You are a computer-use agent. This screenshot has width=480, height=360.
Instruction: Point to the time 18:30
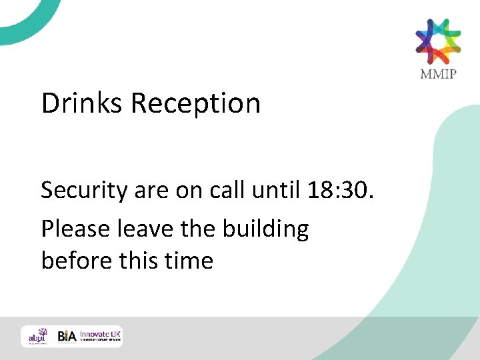click(x=342, y=191)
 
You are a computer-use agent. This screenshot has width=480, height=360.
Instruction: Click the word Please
click(x=77, y=229)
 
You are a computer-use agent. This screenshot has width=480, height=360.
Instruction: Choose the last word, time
click(x=189, y=260)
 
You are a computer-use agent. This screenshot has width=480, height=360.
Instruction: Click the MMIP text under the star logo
click(x=438, y=73)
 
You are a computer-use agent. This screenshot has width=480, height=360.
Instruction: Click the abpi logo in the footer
click(x=37, y=336)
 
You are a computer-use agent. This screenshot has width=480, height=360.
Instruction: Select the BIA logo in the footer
click(x=66, y=337)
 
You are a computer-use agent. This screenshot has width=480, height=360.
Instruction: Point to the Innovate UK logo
click(x=100, y=336)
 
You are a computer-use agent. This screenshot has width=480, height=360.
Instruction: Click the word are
click(x=153, y=191)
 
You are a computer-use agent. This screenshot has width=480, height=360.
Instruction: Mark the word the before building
click(x=198, y=229)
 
